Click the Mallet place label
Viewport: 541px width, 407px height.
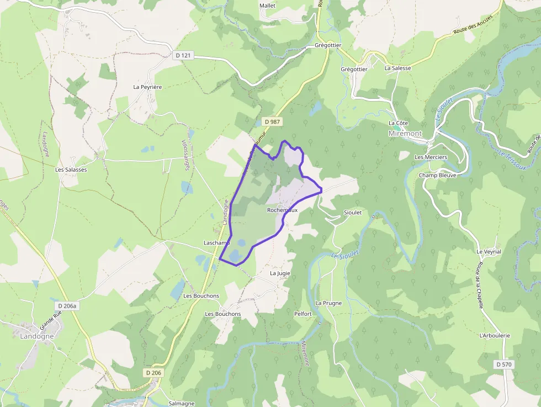pos(267,6)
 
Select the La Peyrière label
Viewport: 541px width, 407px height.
pos(147,87)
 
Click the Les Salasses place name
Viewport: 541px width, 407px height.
pos(71,170)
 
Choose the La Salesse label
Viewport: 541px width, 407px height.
pos(397,68)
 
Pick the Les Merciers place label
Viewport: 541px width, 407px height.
pos(431,157)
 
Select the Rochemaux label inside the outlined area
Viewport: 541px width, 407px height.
pos(282,210)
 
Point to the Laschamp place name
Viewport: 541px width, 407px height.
pos(216,243)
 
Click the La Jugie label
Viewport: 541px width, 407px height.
pos(280,273)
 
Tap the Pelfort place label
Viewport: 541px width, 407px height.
pos(303,314)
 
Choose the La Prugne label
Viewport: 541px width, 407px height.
pos(328,303)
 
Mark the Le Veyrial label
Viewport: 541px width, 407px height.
pos(489,251)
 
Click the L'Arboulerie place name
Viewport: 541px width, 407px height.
pos(495,335)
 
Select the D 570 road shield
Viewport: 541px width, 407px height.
pos(504,364)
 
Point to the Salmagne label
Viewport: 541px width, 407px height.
pos(182,404)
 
